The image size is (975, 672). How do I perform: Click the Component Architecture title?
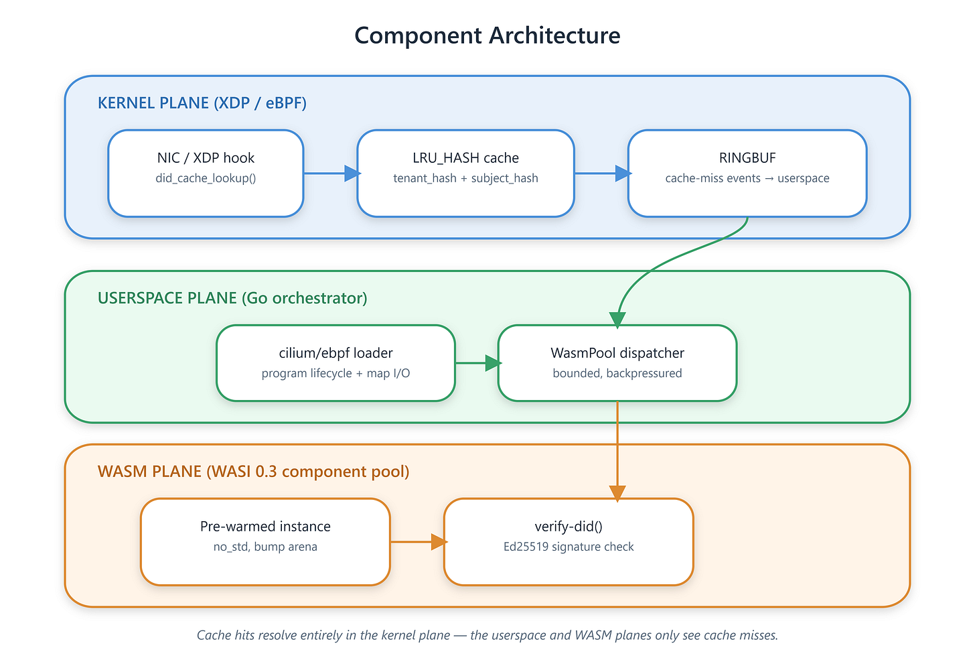487,36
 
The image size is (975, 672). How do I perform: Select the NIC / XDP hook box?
206,174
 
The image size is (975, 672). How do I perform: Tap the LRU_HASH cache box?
465,174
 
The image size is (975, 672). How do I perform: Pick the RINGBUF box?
747,174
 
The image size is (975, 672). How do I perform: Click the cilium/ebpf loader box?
335,362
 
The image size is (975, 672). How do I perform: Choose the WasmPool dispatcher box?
617,362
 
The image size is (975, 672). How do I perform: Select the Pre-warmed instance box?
265,542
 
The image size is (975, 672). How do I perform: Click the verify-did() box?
569,542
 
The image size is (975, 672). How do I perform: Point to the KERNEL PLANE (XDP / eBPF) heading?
202,103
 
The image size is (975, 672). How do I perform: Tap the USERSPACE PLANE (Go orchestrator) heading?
232,298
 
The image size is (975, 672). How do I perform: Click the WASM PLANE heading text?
253,472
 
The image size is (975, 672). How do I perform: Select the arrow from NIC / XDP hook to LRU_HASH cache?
331,174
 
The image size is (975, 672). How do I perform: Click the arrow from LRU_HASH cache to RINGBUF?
603,174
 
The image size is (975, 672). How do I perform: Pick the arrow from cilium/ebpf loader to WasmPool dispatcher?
478,362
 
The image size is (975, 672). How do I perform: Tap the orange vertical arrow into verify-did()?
617,451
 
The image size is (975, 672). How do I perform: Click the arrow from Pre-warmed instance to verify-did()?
419,542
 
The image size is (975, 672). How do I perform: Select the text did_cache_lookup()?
206,179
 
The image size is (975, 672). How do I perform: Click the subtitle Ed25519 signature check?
569,547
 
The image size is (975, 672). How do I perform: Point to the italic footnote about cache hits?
487,635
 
